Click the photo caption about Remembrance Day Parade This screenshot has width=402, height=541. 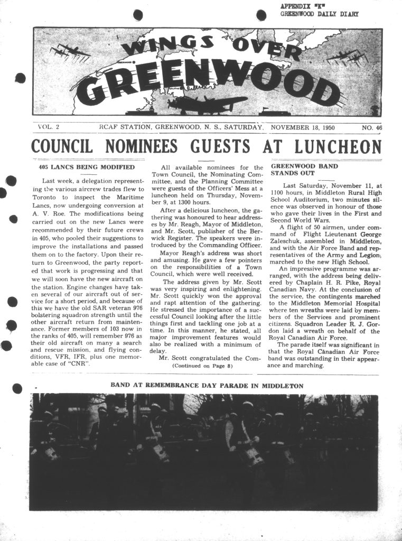pyautogui.click(x=207, y=386)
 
